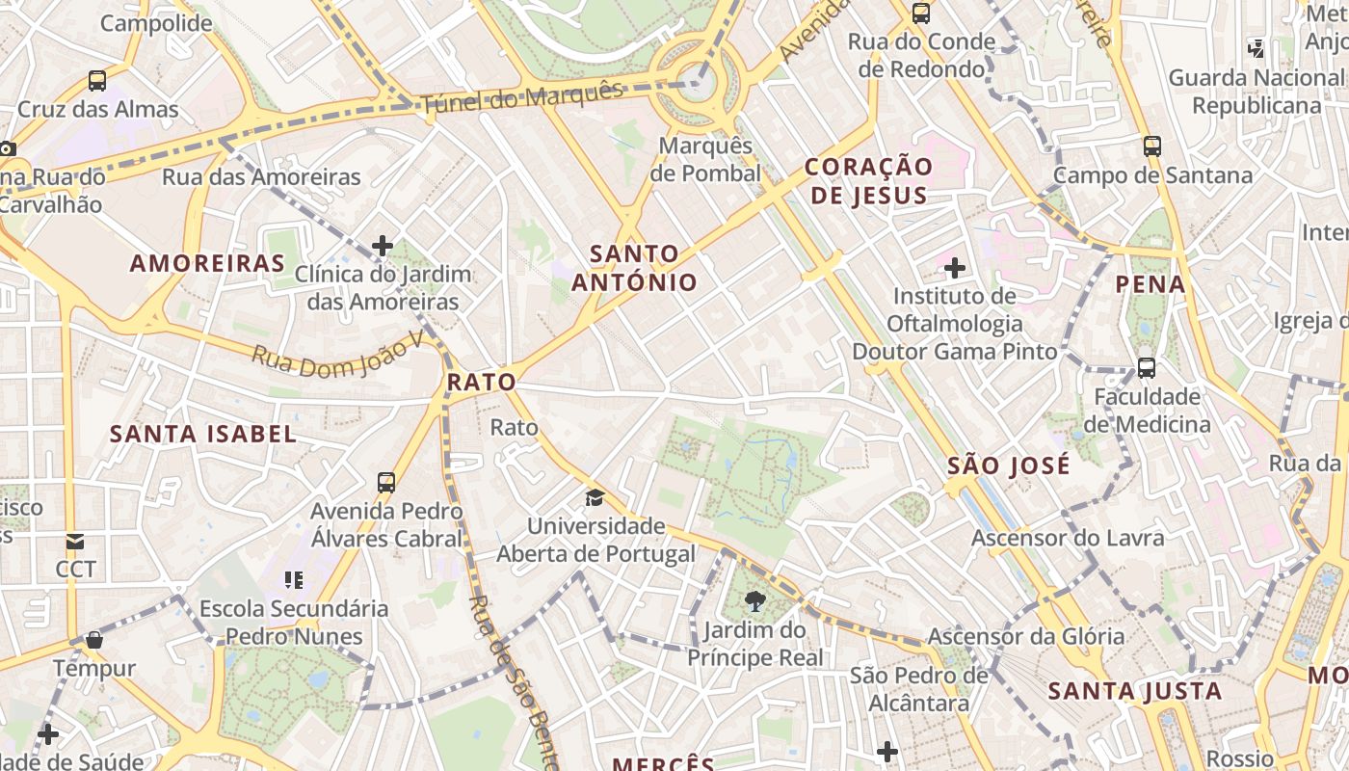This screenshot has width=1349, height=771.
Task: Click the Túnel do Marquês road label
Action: pos(522,96)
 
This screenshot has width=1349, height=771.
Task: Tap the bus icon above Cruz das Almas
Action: pos(97,81)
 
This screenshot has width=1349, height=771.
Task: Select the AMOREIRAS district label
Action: pos(208,263)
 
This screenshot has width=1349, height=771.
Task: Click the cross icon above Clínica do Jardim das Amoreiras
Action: pos(383,246)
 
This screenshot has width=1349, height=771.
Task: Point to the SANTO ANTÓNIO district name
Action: pos(634,268)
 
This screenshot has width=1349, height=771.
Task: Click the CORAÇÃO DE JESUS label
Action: pos(868,181)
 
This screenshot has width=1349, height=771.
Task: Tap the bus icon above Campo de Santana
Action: pos(1152,146)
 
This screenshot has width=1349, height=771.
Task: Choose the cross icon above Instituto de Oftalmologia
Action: pos(955,267)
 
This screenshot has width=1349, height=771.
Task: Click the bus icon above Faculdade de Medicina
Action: pos(1146,367)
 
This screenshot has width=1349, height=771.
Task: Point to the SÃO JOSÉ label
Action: pos(1008,466)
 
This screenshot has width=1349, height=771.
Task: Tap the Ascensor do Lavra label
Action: pos(1068,538)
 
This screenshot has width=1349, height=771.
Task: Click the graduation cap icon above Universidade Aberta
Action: pos(595,498)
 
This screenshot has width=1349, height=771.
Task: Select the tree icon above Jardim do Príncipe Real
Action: pos(755,602)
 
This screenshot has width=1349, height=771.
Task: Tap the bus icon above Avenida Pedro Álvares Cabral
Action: pos(386,482)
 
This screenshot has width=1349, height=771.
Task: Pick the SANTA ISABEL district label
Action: pos(203,434)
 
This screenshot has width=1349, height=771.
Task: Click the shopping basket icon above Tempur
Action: pos(94,639)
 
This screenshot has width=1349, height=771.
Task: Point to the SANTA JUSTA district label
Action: pos(1134,691)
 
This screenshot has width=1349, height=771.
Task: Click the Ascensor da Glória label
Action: pos(1025,636)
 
